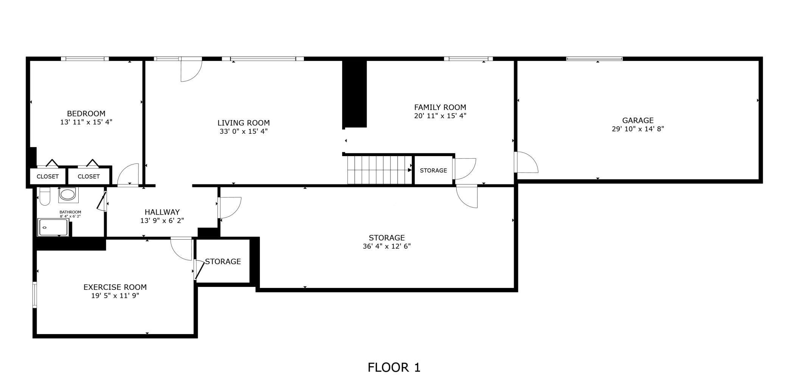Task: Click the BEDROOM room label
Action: click(86, 113)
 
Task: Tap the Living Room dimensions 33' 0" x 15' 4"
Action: click(243, 132)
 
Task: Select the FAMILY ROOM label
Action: click(440, 107)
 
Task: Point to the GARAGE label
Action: click(638, 120)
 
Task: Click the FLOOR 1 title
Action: click(394, 367)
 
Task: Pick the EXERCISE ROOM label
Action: click(115, 287)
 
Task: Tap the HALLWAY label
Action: click(162, 212)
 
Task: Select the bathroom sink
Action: click(68, 195)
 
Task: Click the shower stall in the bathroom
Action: click(53, 227)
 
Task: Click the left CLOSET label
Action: click(48, 176)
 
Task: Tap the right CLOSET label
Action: click(89, 176)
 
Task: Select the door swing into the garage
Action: click(526, 162)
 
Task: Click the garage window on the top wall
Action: click(594, 59)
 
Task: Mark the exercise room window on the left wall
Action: click(34, 295)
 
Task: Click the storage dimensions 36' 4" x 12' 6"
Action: click(387, 246)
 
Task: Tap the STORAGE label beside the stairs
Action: click(433, 170)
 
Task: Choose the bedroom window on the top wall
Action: click(85, 59)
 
